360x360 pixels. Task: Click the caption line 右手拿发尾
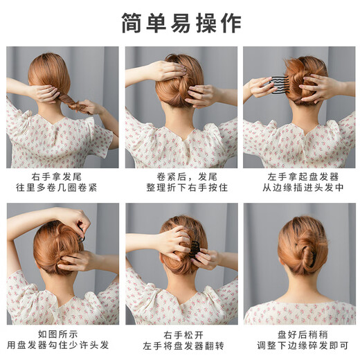tap(62, 177)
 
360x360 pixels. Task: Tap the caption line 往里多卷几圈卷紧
tap(62, 188)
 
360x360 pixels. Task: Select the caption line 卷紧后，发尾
tap(181, 177)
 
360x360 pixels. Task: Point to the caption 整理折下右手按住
tap(181, 188)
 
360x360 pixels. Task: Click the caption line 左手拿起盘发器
tap(299, 177)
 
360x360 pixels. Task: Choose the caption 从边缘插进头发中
tap(299, 188)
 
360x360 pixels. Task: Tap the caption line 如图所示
tap(62, 334)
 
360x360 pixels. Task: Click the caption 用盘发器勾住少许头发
tap(62, 346)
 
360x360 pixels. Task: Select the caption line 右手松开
tap(181, 334)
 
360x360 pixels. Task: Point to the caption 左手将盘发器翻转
tap(181, 346)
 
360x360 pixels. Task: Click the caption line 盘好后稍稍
tap(299, 334)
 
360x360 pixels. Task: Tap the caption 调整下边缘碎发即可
tap(299, 346)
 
